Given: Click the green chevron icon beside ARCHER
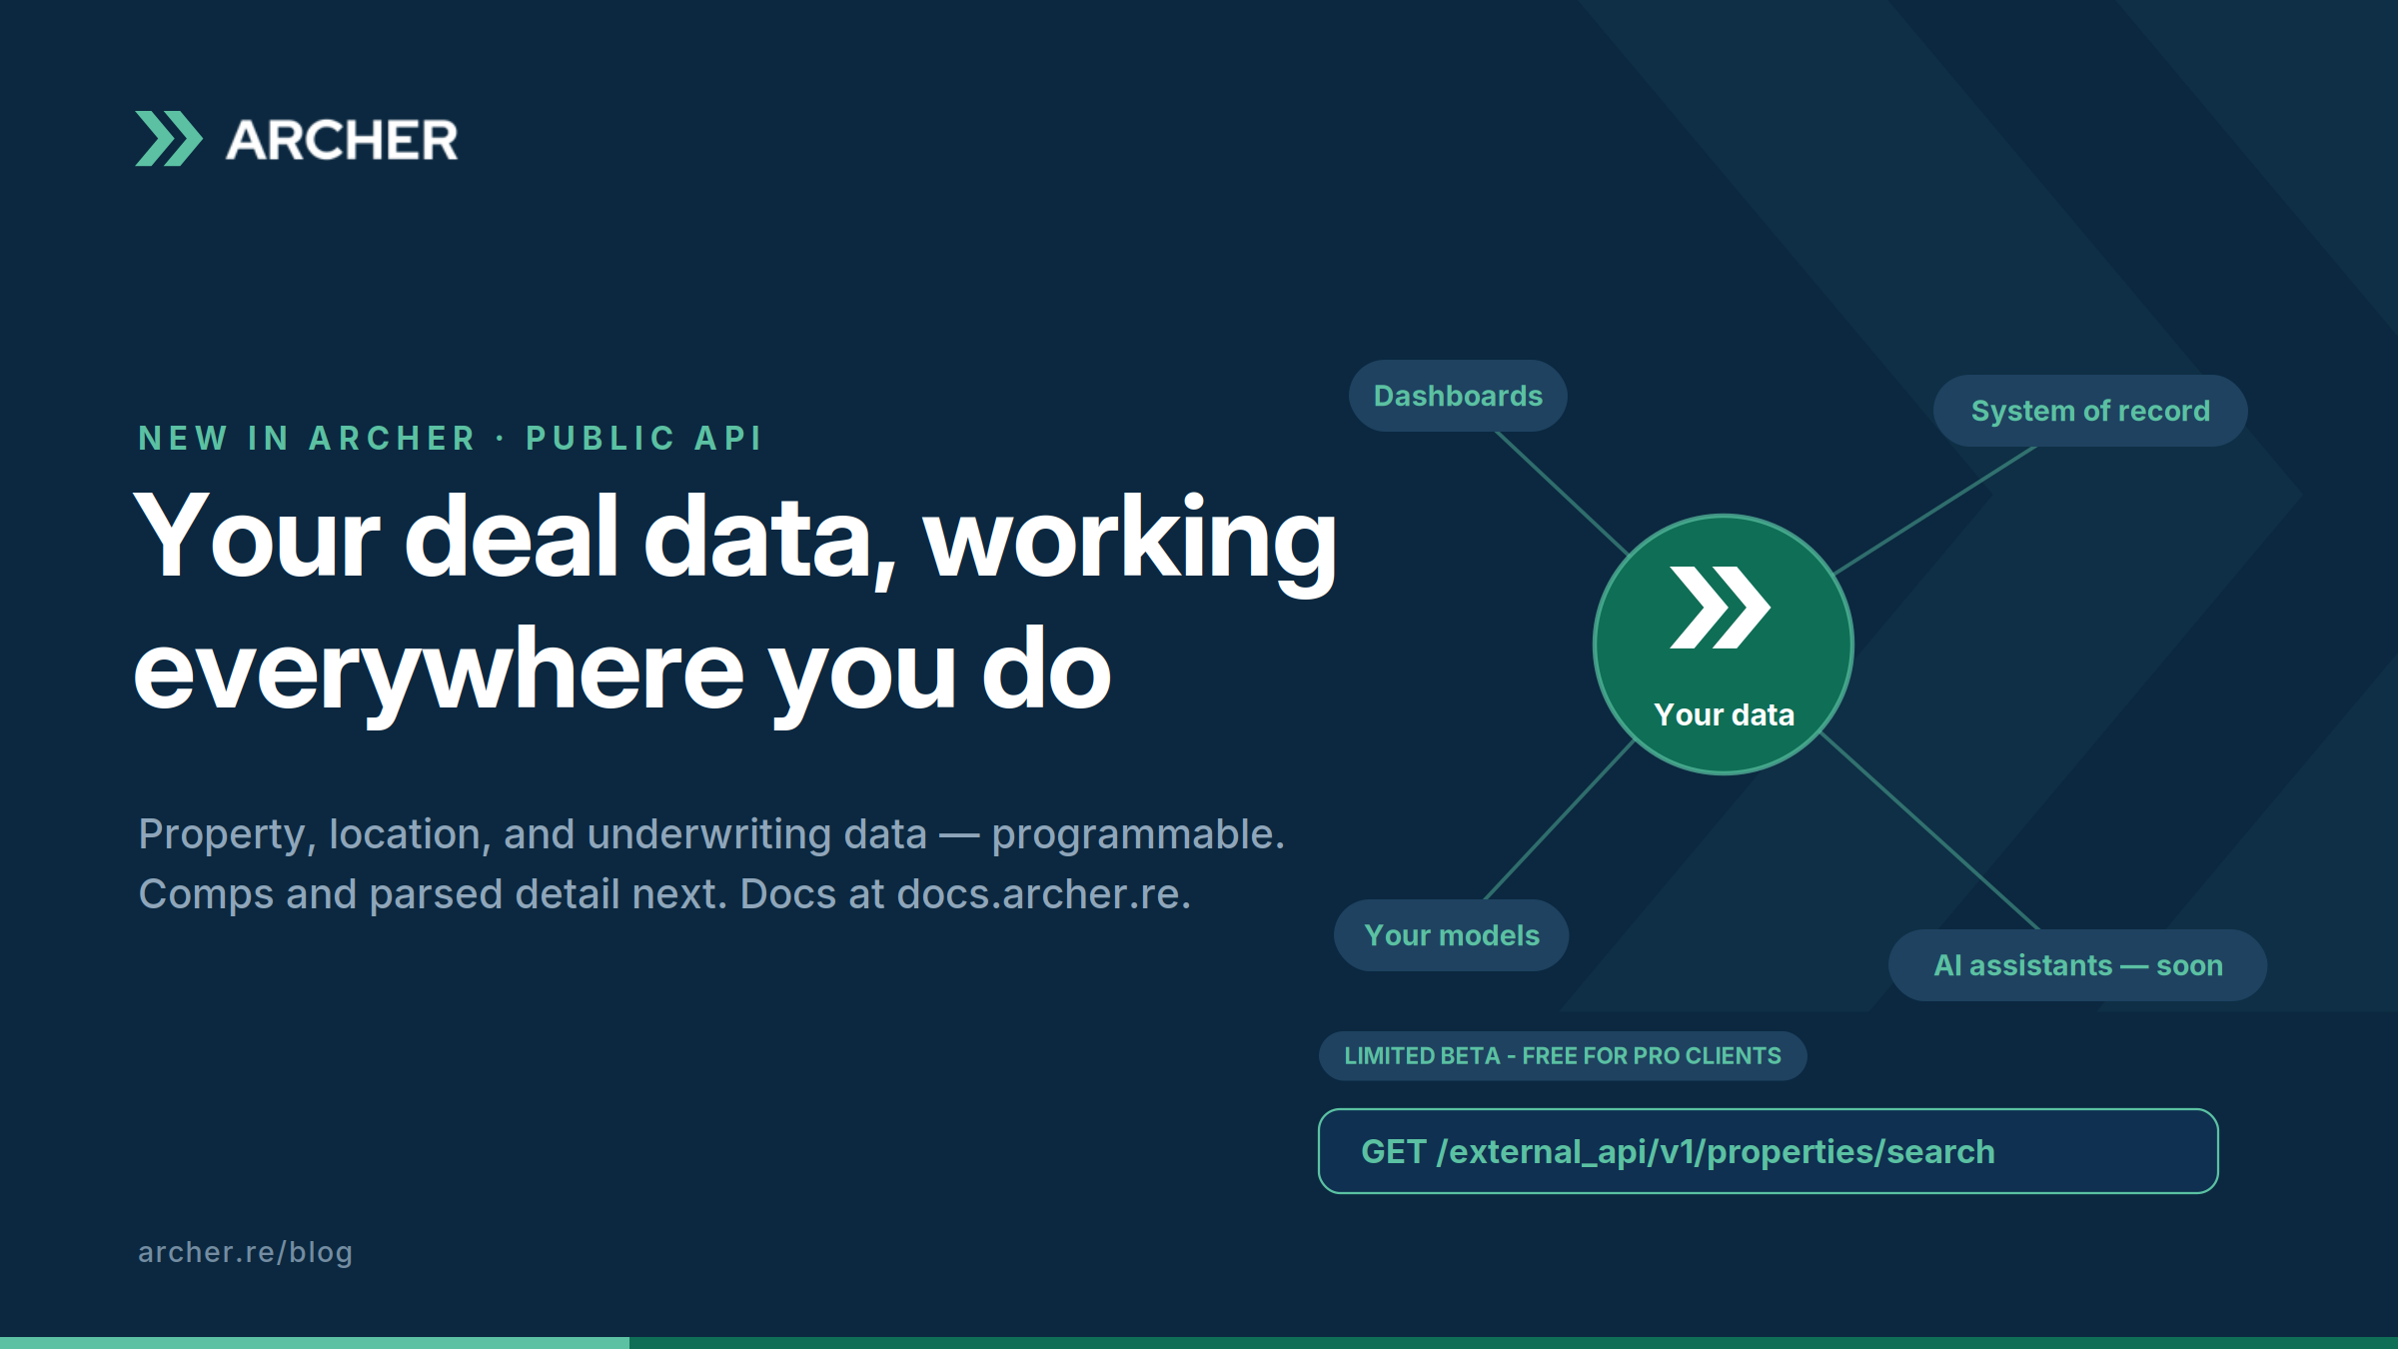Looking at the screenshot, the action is click(169, 139).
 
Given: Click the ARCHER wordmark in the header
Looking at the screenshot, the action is click(342, 140).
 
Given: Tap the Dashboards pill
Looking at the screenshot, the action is click(1458, 396).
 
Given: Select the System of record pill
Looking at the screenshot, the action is click(2090, 411).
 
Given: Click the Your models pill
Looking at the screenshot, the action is click(1452, 935).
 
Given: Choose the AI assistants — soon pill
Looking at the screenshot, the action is click(2078, 965).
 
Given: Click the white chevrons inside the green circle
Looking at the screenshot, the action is click(1721, 608).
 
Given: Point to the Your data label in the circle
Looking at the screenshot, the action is click(1725, 714).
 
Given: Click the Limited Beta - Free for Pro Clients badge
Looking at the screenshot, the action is click(1563, 1056).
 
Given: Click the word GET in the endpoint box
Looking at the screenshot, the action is click(1394, 1151).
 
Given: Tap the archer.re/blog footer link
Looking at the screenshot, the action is click(246, 1252).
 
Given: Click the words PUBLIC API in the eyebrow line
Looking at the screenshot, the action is click(644, 438).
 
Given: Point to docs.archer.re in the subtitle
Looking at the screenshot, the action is click(1044, 894).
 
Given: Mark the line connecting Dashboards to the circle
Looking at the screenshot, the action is click(1563, 494).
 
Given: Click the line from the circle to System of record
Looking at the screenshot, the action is click(1935, 510).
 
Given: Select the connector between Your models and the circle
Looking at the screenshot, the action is click(1560, 819).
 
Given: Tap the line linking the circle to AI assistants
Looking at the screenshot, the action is click(1929, 831).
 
